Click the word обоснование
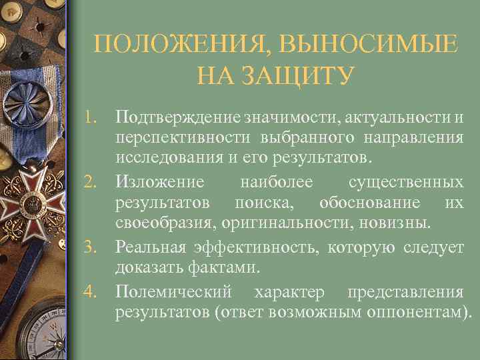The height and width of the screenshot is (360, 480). [369, 202]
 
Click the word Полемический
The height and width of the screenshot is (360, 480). [173, 291]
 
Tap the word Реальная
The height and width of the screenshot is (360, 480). [151, 247]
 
